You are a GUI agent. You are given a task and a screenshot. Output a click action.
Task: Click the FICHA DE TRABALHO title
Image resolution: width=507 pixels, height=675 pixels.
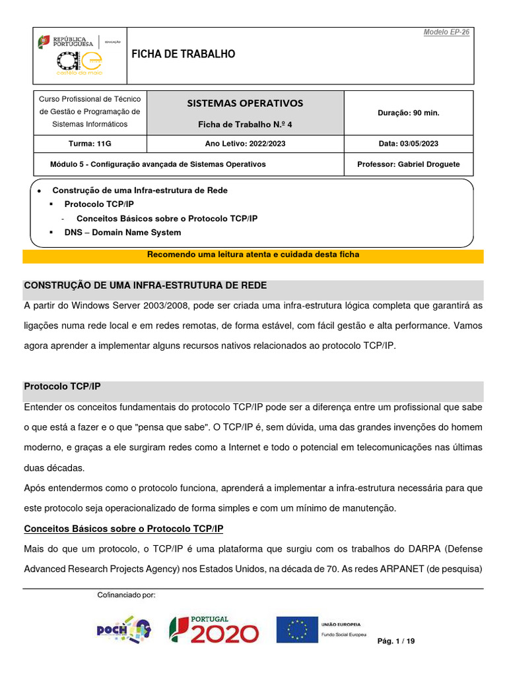(x=184, y=54)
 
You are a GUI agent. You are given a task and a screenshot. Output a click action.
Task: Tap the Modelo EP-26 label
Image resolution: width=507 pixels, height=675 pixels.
(x=447, y=32)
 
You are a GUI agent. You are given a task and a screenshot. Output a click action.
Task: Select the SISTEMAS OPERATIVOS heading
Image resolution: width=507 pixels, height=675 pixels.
(x=245, y=103)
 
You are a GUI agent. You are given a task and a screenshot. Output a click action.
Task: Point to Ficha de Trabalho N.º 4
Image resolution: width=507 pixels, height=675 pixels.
(x=245, y=124)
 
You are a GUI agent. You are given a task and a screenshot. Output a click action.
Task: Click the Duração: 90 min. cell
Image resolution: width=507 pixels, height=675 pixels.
(x=408, y=113)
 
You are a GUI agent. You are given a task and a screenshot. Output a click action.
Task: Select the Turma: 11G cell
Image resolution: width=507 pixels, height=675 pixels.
(x=90, y=144)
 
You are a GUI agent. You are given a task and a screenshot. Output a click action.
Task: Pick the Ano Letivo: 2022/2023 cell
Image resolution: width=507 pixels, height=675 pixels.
(x=245, y=144)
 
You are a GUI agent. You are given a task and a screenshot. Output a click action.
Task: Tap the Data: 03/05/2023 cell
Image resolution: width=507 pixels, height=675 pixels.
(x=407, y=144)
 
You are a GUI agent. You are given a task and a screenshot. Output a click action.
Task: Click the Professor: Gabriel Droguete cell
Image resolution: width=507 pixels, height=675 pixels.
(x=407, y=164)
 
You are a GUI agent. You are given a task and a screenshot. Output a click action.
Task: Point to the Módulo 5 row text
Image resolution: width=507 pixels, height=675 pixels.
(x=158, y=164)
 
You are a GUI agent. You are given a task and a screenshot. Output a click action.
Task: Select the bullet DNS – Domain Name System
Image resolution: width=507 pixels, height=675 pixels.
(x=122, y=233)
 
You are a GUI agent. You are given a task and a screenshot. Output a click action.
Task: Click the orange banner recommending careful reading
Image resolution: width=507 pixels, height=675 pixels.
(x=253, y=255)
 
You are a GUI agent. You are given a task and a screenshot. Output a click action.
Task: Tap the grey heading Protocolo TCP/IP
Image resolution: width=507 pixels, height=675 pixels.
(x=62, y=386)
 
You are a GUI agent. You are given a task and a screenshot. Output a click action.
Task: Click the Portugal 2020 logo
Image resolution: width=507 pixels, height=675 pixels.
(x=214, y=629)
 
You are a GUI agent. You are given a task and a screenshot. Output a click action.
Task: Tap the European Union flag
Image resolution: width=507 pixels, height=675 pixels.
(x=297, y=630)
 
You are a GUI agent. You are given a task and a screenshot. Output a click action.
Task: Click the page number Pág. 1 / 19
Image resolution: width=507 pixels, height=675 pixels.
(x=396, y=641)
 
